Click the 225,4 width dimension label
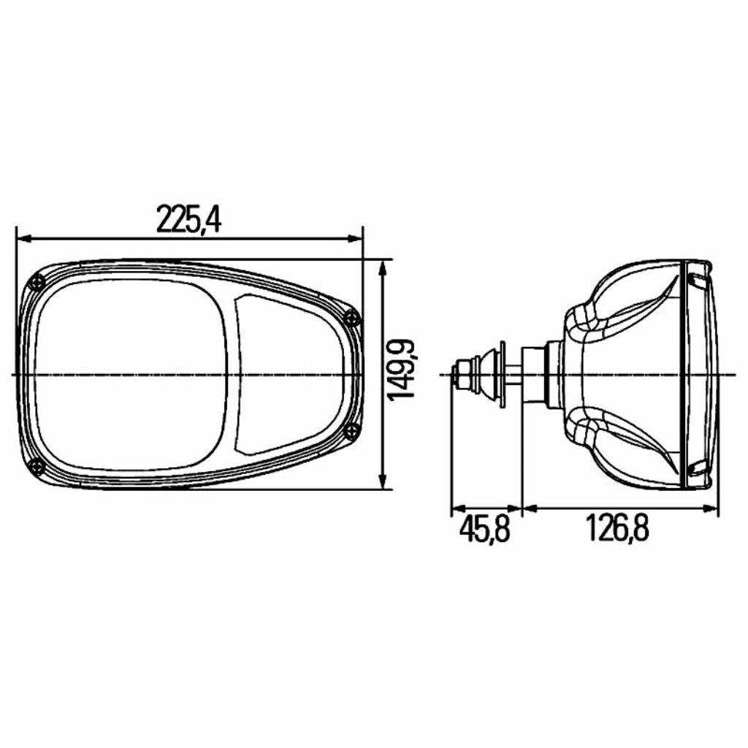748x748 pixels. (x=189, y=219)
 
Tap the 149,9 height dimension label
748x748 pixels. (x=401, y=370)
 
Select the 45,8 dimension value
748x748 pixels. (x=485, y=530)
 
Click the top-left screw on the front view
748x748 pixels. (x=37, y=283)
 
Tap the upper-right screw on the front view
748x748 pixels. (x=351, y=317)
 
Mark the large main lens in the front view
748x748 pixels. (x=130, y=375)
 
